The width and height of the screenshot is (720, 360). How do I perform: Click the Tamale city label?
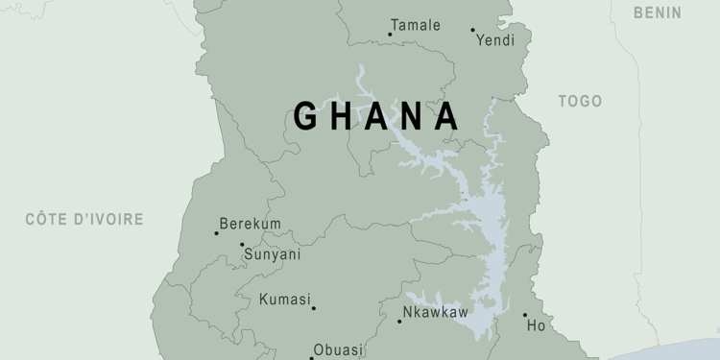tap(416, 25)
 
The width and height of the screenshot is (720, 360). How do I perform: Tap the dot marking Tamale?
tap(390, 35)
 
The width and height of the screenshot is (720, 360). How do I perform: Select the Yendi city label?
tap(495, 40)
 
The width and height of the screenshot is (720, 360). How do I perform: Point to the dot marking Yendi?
tap(472, 30)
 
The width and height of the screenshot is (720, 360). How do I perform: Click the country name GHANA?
tap(376, 116)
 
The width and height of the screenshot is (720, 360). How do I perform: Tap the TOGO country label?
tap(580, 101)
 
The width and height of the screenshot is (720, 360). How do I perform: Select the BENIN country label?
tap(658, 12)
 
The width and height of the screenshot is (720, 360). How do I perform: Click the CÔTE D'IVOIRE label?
tap(84, 219)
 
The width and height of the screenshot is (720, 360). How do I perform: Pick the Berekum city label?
tap(251, 224)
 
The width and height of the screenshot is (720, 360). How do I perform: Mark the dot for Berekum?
tap(216, 233)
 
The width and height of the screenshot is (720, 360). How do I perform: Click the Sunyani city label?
tap(272, 254)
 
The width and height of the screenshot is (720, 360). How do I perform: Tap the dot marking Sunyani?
tap(242, 245)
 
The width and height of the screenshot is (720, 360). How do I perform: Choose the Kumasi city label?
tap(285, 300)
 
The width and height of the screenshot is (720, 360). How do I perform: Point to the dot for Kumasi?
tap(314, 308)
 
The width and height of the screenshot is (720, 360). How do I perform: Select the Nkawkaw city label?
tap(435, 312)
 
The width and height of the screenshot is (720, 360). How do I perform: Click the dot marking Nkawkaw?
tap(399, 321)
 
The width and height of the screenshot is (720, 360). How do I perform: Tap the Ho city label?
tap(536, 326)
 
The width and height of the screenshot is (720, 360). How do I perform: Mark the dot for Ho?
tap(525, 315)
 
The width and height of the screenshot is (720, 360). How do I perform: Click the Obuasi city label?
tap(338, 349)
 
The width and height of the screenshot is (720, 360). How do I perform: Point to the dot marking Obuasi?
tap(311, 358)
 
